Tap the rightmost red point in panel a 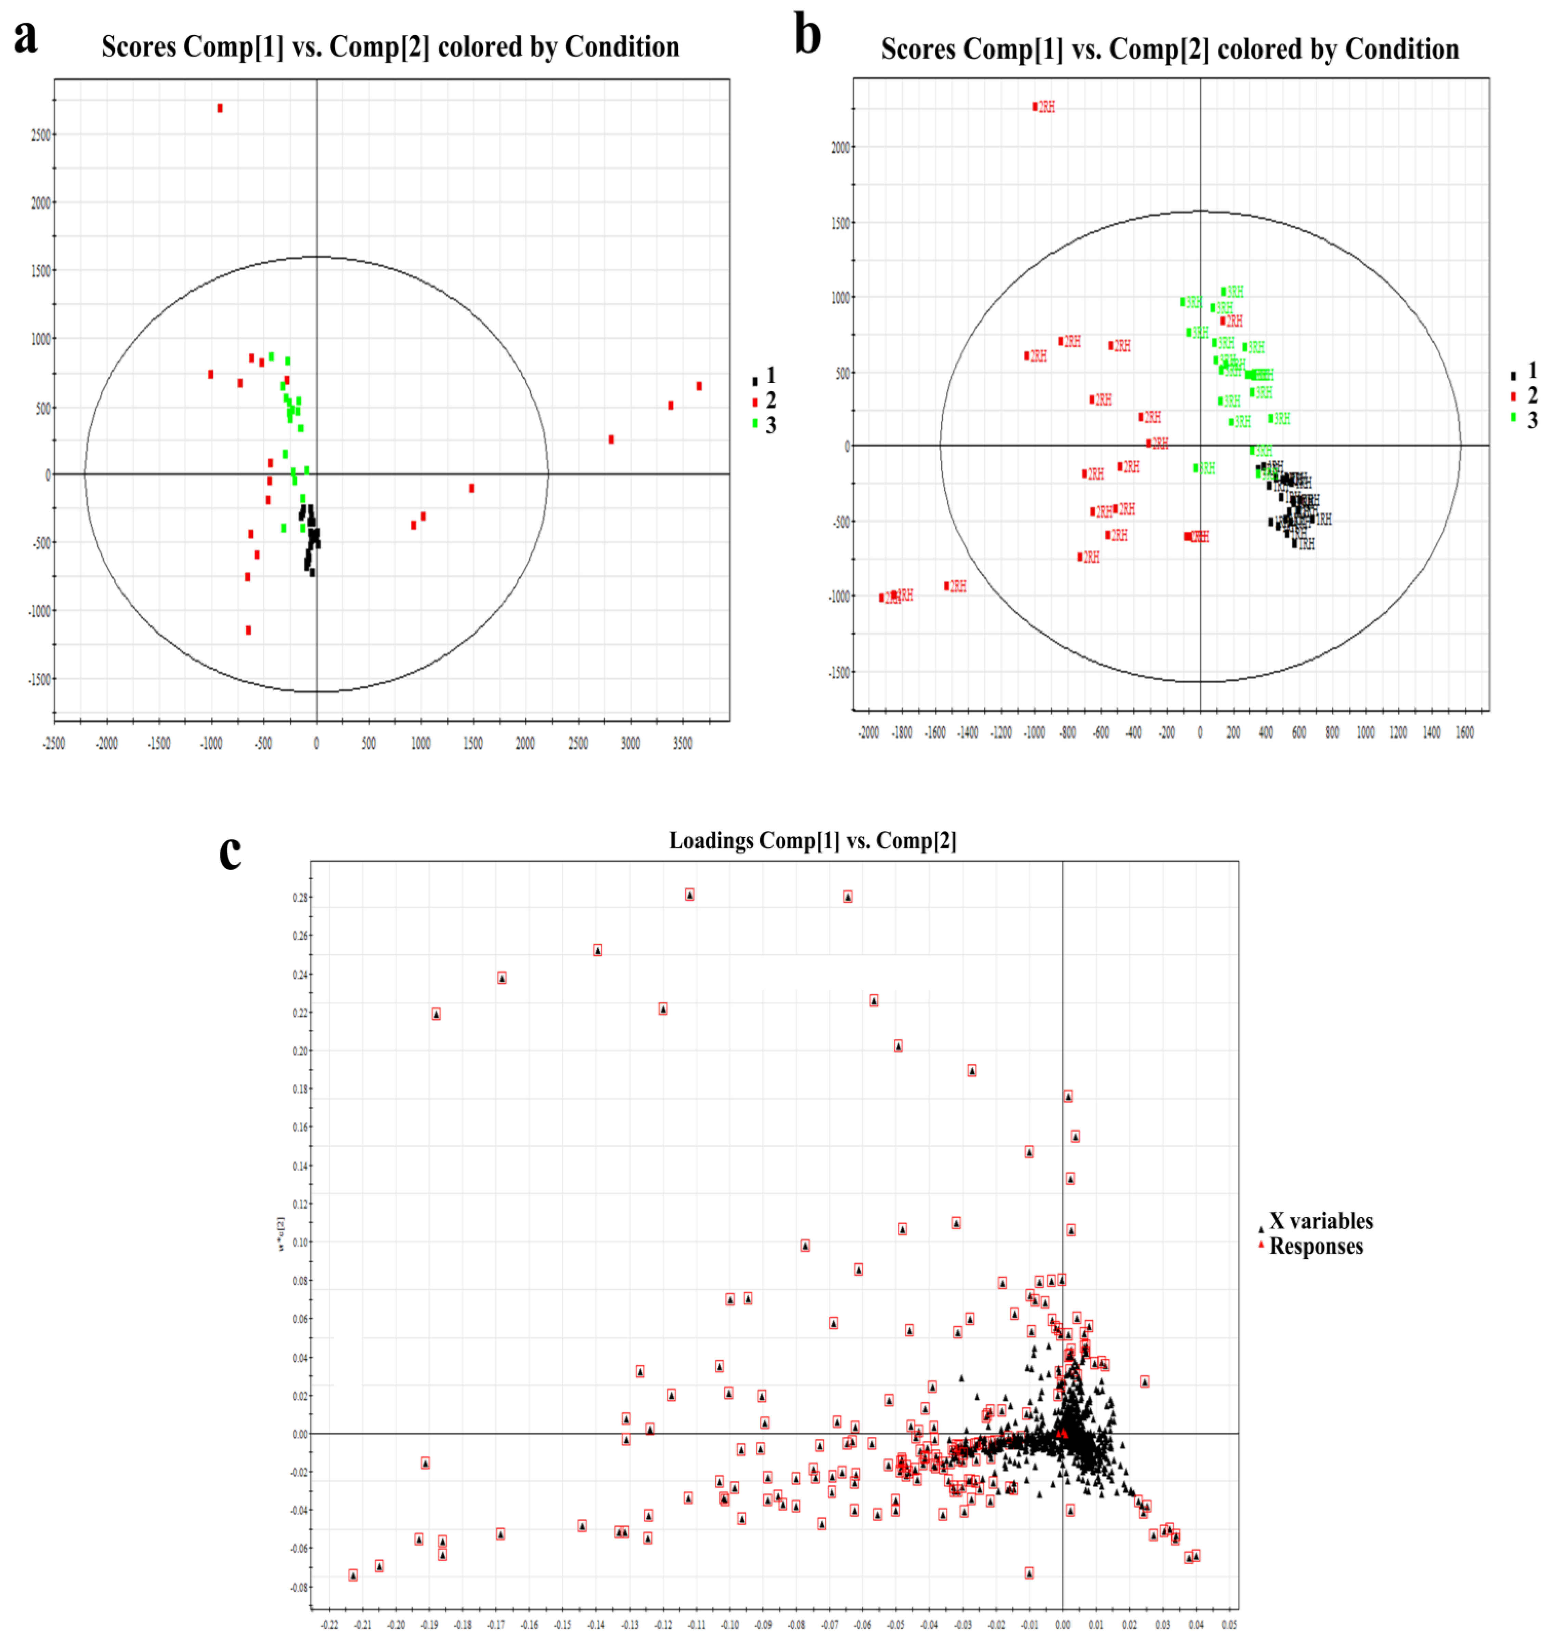tap(699, 386)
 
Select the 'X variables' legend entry tap(1320, 1221)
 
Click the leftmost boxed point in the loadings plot tap(353, 1575)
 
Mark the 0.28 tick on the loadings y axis tap(300, 897)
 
